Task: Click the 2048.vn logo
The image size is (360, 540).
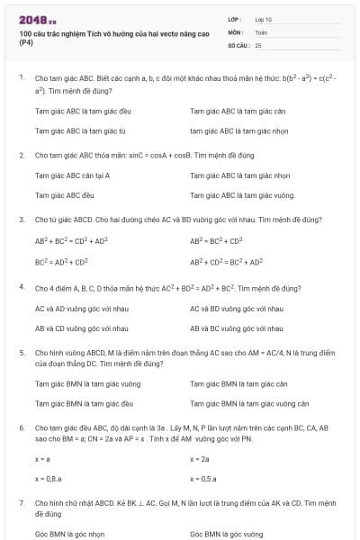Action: click(x=37, y=19)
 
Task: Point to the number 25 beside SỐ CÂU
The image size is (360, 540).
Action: click(x=258, y=44)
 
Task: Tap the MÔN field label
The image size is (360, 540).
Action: click(x=236, y=31)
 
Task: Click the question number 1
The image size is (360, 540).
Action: click(x=21, y=78)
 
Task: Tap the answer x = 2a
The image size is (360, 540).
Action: click(x=199, y=459)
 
